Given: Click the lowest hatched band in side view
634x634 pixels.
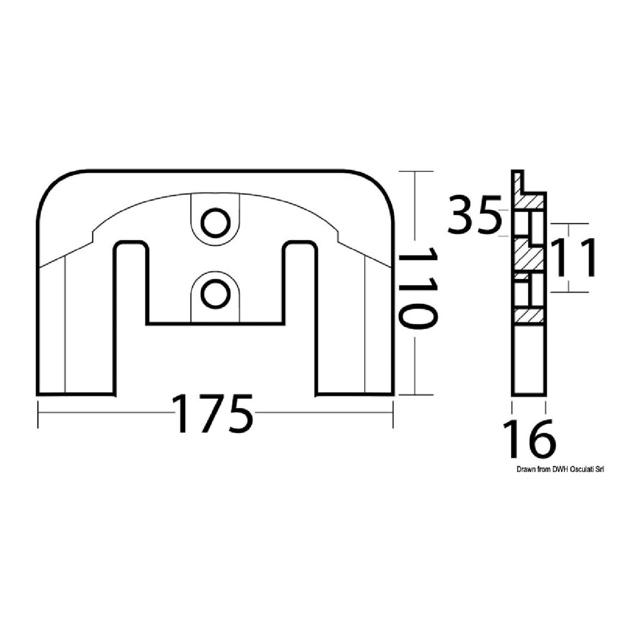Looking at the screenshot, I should [529, 315].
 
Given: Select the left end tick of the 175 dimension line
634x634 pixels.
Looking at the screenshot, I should [38, 414].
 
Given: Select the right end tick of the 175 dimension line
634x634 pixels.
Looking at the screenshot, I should [393, 414].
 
